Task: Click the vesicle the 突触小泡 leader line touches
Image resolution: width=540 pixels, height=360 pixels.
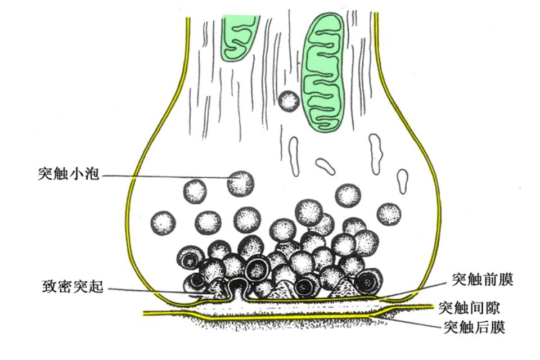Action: [x=241, y=183]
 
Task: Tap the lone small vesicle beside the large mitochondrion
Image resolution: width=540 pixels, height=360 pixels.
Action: [x=289, y=101]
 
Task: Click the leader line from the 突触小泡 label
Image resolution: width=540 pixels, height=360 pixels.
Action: [x=169, y=176]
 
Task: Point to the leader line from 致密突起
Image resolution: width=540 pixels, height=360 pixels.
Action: [x=152, y=291]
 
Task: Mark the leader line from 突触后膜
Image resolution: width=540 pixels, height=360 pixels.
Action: [x=411, y=322]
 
